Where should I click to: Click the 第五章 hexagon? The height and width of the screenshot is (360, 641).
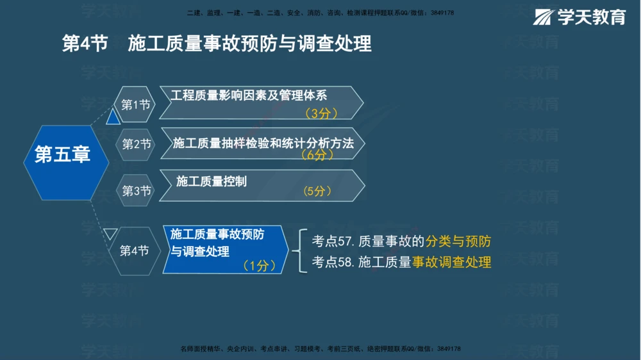tap(62, 154)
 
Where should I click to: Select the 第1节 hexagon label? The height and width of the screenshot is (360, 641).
tap(136, 104)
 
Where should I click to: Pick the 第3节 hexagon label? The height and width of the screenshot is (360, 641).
tap(137, 190)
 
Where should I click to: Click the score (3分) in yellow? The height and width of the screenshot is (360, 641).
tap(321, 113)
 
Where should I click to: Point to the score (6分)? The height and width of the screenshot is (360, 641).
tap(317, 155)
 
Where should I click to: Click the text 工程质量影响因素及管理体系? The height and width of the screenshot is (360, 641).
tap(249, 95)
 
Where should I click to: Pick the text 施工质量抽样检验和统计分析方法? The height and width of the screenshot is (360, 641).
tap(263, 143)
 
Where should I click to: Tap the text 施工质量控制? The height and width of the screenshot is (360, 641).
tap(211, 181)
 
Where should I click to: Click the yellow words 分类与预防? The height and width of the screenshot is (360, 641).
tap(458, 241)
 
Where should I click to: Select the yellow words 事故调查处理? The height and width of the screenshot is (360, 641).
tap(451, 262)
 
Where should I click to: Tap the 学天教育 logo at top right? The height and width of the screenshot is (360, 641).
tap(579, 17)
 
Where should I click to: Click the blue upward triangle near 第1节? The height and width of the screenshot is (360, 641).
tap(113, 117)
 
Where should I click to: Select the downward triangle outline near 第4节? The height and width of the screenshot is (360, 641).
tap(111, 234)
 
